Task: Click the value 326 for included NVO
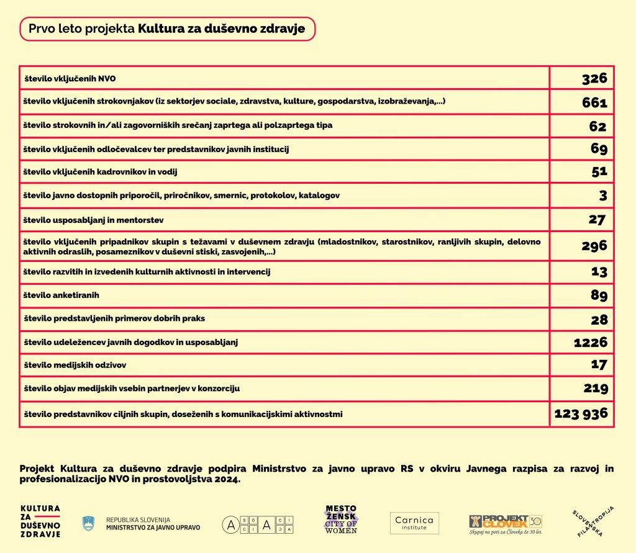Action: pos(594,79)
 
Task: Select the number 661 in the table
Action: pos(594,103)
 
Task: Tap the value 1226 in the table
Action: pos(589,342)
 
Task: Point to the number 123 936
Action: pos(581,413)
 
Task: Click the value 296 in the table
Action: pos(594,246)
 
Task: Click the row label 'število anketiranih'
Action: pos(61,295)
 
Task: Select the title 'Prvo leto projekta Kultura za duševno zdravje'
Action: pos(167,29)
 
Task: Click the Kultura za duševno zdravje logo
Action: pos(40,521)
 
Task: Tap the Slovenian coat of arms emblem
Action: pos(89,523)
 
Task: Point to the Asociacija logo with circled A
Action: pos(258,524)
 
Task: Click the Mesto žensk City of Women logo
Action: pos(342,520)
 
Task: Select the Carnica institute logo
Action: pos(414,523)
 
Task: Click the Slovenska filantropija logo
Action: pos(593,521)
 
